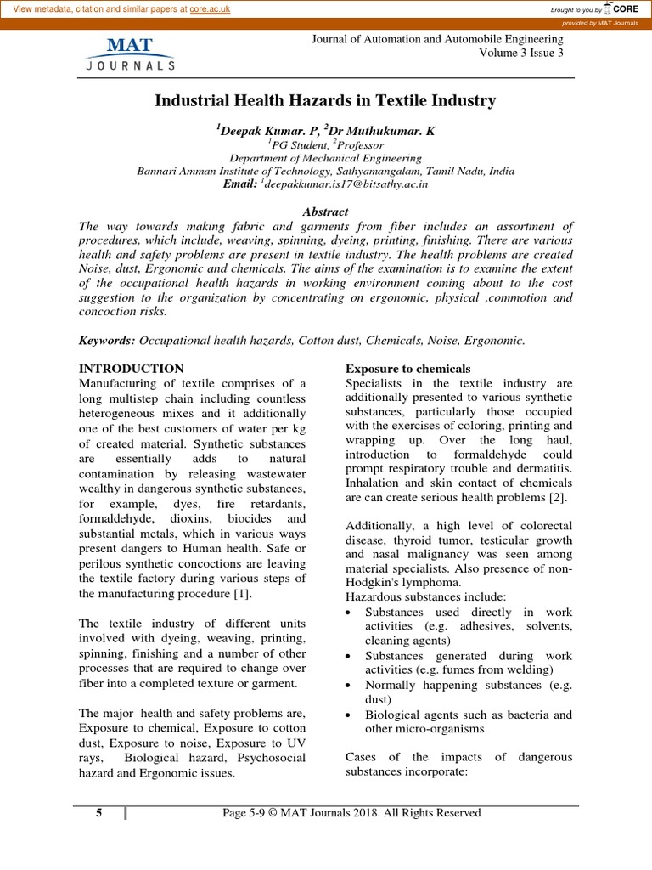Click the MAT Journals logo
tap(130, 53)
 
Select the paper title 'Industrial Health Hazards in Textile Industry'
tap(325, 101)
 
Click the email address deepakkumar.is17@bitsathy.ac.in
tap(346, 184)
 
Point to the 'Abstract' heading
tap(325, 212)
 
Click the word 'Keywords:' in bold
tap(107, 340)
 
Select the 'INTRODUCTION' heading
tap(131, 369)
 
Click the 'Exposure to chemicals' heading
tap(407, 369)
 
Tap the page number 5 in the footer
tap(99, 813)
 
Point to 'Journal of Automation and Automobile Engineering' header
tap(438, 38)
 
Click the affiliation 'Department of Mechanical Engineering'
tap(326, 158)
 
